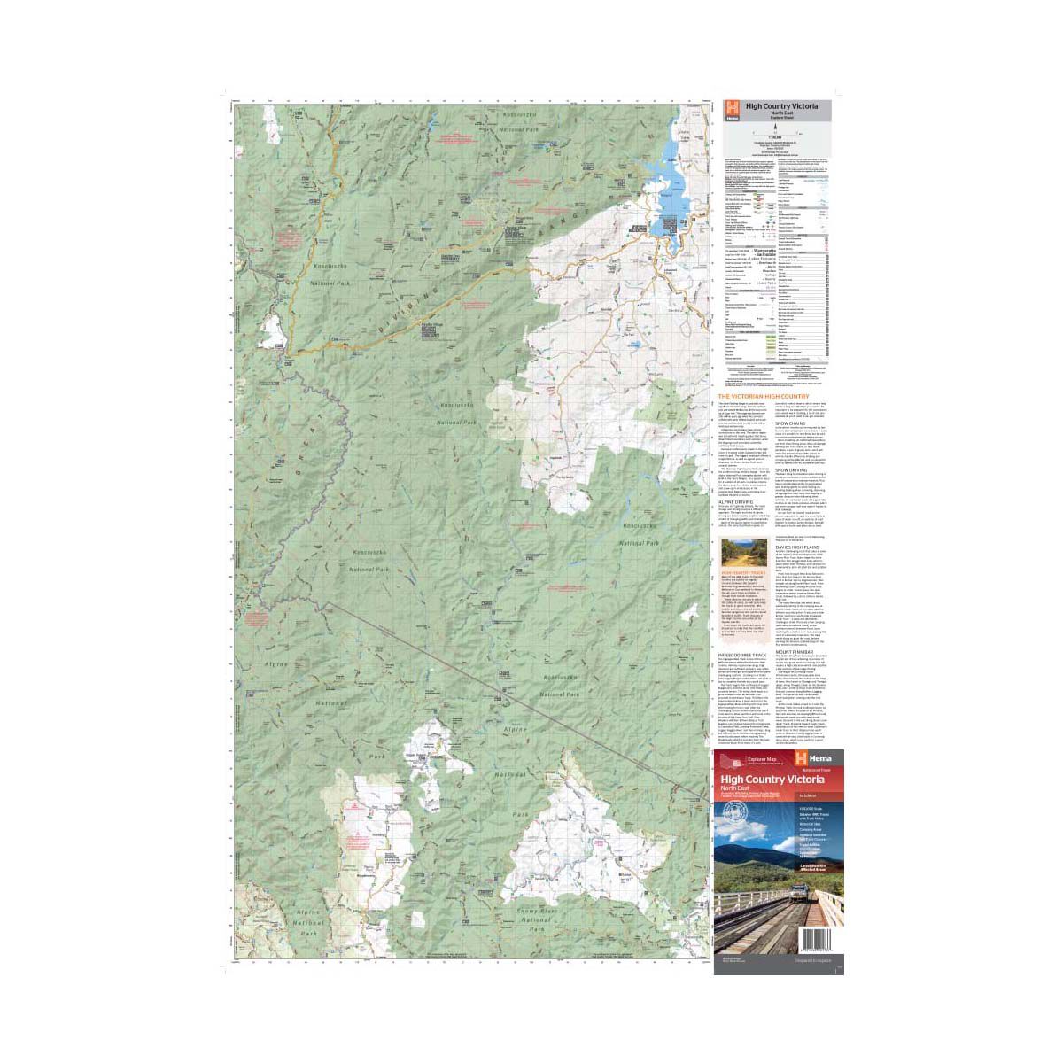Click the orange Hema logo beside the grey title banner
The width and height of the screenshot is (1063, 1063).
coord(732,111)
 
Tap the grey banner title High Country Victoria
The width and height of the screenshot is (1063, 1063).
coord(781,105)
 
